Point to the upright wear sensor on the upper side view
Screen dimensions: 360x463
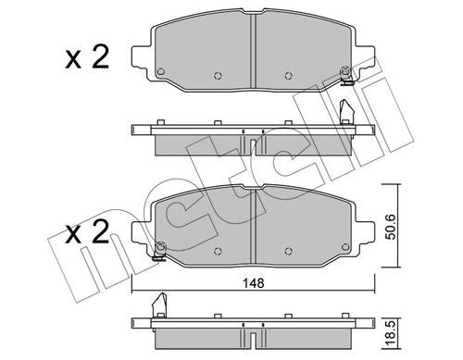point(348,110)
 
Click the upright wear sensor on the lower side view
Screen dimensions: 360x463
point(158,303)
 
